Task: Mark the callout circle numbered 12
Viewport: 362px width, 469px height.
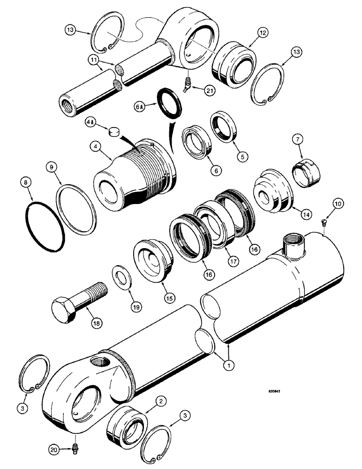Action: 262,33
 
